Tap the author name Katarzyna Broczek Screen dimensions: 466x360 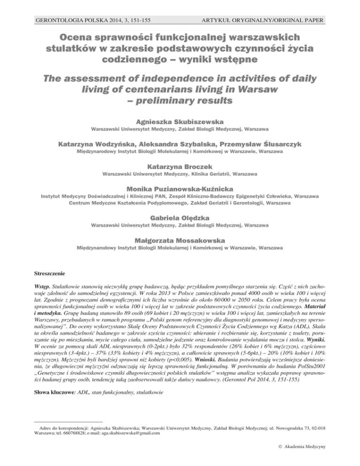pyautogui.click(x=180, y=165)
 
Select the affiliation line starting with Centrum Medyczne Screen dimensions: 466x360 pyautogui.click(x=180, y=203)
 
